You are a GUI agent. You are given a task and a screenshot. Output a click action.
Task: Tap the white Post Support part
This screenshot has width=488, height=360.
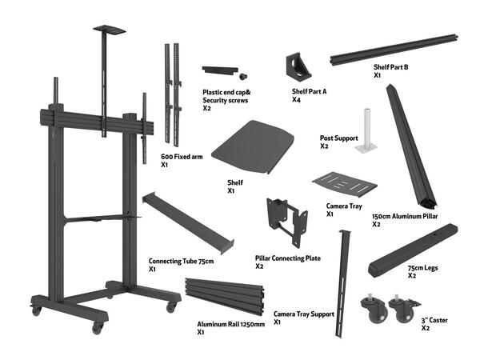point(366,131)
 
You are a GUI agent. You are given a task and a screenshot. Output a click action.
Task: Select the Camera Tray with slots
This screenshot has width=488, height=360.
point(345,185)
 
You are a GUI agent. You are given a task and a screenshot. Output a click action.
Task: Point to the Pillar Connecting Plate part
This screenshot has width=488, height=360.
point(287,221)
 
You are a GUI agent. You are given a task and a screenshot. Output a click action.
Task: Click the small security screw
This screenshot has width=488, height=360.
point(243,76)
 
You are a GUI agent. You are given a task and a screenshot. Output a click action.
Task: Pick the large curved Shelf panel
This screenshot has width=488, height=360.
point(254,147)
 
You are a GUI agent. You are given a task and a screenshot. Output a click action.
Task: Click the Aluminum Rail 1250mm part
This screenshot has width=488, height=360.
point(225,296)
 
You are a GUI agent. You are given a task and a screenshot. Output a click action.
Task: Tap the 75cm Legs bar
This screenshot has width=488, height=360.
point(413,250)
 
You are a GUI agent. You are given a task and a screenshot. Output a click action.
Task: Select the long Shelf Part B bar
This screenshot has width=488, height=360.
point(394,50)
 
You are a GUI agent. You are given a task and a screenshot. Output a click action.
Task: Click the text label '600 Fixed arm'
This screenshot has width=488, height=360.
point(182,157)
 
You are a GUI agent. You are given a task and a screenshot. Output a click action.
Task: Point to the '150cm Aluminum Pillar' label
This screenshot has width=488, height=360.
point(405,216)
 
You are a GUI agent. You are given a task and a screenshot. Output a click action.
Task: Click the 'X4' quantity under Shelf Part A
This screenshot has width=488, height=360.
point(296,99)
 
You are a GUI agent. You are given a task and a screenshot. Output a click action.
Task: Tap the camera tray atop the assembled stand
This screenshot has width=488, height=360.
point(110,30)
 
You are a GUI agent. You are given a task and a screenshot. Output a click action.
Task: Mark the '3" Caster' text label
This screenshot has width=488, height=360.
point(434,320)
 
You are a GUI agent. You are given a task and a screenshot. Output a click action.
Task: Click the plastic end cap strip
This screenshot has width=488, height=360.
point(220,70)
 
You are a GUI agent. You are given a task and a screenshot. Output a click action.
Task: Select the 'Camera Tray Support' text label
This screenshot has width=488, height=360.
point(304,314)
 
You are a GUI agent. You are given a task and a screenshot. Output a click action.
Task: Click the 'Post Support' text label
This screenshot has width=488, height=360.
point(339,138)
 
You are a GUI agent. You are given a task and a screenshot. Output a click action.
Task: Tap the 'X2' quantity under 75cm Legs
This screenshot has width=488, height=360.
point(412,276)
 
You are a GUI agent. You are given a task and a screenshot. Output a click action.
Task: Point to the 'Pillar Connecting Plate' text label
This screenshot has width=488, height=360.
point(288,258)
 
